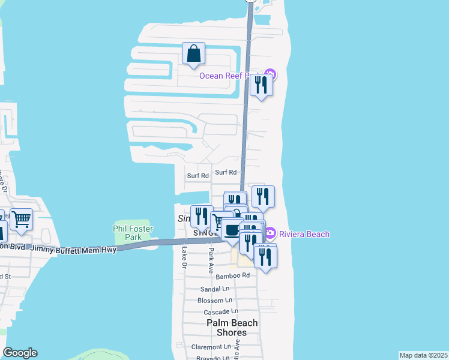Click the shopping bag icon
(x=193, y=55)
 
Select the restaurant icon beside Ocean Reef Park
(x=261, y=85)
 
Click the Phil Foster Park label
(x=133, y=233)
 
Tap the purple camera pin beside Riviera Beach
(x=270, y=233)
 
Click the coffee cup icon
(x=232, y=229)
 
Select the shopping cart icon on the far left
(x=21, y=220)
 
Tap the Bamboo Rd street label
(x=232, y=275)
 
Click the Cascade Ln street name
(x=220, y=312)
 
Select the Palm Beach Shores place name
(x=232, y=328)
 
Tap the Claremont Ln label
(x=211, y=347)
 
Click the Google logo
(x=20, y=353)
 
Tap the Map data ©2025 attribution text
(x=423, y=355)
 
